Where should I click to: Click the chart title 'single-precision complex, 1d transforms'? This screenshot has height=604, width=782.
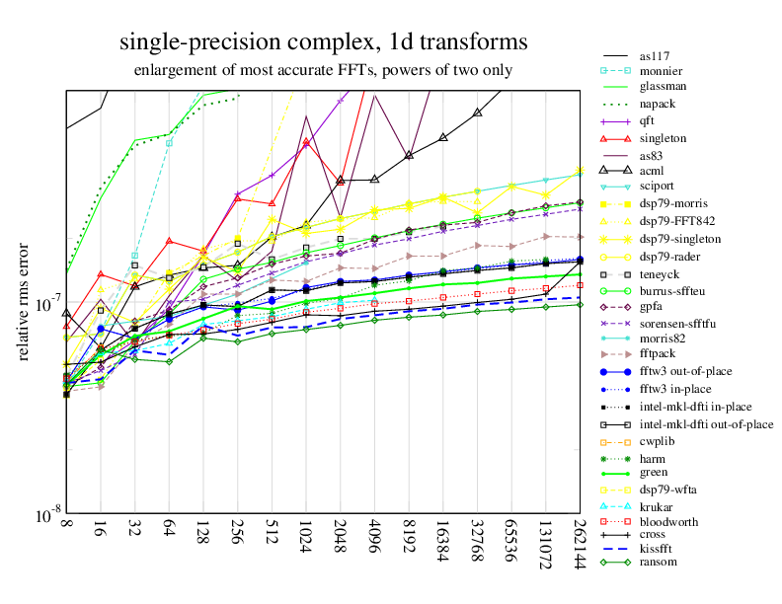[323, 42]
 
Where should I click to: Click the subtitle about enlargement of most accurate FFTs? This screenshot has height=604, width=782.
[323, 71]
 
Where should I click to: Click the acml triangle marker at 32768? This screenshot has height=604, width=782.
[477, 113]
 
